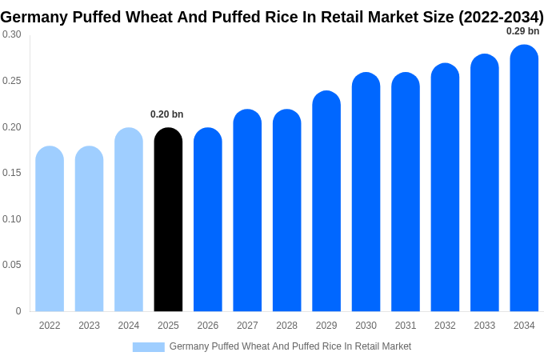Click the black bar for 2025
[168, 220]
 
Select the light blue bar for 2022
[50, 229]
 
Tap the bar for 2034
[524, 178]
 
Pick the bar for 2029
[326, 202]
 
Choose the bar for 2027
[247, 210]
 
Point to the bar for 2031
[406, 192]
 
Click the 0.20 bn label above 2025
[167, 114]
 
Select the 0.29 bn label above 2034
[522, 31]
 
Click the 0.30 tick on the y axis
[12, 34]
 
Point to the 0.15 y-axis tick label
[12, 173]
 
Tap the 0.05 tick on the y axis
[12, 265]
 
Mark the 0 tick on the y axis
[18, 311]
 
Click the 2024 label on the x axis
[129, 326]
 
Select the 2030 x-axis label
[366, 326]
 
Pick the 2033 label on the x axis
[484, 326]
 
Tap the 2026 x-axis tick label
[208, 326]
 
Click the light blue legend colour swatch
[148, 346]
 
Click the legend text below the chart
[290, 346]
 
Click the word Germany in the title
[33, 17]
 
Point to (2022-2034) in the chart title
[500, 17]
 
